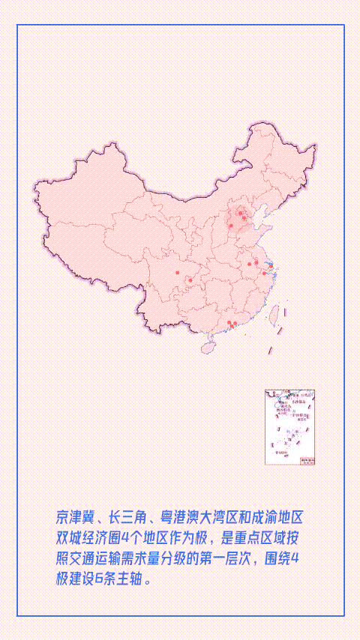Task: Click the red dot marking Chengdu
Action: tap(177, 274)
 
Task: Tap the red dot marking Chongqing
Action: tap(190, 281)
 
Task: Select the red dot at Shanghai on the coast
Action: tap(270, 265)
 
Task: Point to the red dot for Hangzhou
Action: tap(265, 272)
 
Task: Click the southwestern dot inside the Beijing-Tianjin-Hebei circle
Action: tap(231, 226)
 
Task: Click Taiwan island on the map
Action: tap(274, 313)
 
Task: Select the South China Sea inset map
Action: tap(289, 427)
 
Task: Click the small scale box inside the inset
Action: tap(306, 460)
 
